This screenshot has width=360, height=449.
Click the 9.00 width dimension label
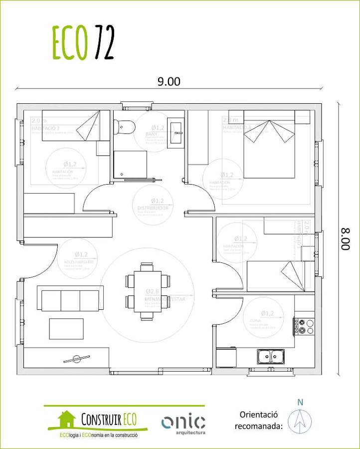pyautogui.click(x=169, y=82)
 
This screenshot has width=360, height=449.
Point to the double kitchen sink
pyautogui.click(x=271, y=356)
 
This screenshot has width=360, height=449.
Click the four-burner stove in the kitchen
pyautogui.click(x=304, y=326)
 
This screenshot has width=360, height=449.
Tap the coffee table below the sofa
pyautogui.click(x=66, y=329)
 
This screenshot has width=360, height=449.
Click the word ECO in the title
pyautogui.click(x=69, y=43)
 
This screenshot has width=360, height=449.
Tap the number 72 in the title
pyautogui.click(x=103, y=43)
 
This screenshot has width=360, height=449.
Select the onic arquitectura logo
pyautogui.click(x=183, y=424)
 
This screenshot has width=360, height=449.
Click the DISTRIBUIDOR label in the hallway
pyautogui.click(x=152, y=208)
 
